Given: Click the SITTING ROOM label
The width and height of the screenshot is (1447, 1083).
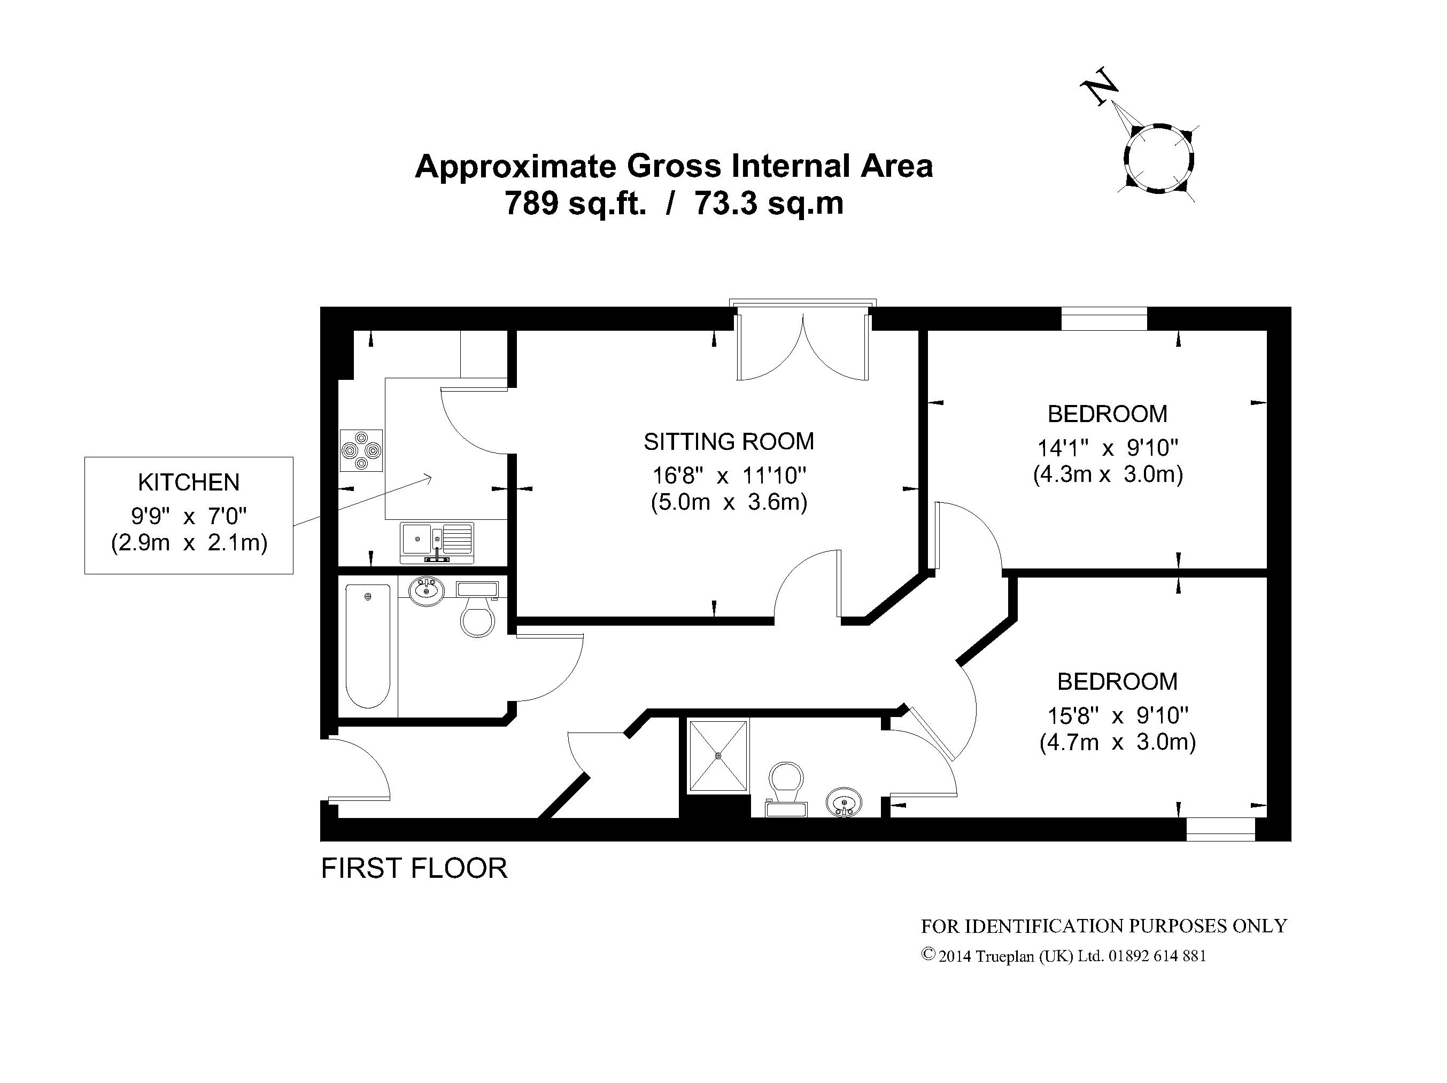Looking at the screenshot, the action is click(729, 441).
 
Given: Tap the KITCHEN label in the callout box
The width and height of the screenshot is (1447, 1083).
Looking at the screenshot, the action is click(188, 482).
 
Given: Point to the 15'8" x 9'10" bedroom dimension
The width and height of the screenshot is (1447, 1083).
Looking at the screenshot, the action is click(1117, 715).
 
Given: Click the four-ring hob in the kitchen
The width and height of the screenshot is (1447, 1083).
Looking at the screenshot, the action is click(360, 450).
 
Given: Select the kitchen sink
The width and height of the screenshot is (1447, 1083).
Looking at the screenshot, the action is click(437, 543).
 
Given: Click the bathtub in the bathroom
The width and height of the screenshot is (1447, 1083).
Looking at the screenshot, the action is click(368, 646).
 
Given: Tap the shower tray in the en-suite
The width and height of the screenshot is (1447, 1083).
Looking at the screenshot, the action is click(717, 756).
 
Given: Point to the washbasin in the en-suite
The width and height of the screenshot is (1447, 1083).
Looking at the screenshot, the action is click(844, 802).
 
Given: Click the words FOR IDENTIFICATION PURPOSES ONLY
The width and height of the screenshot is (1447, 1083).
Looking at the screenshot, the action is click(1104, 926).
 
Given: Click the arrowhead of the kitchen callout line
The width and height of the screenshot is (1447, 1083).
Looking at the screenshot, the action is click(429, 478).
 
